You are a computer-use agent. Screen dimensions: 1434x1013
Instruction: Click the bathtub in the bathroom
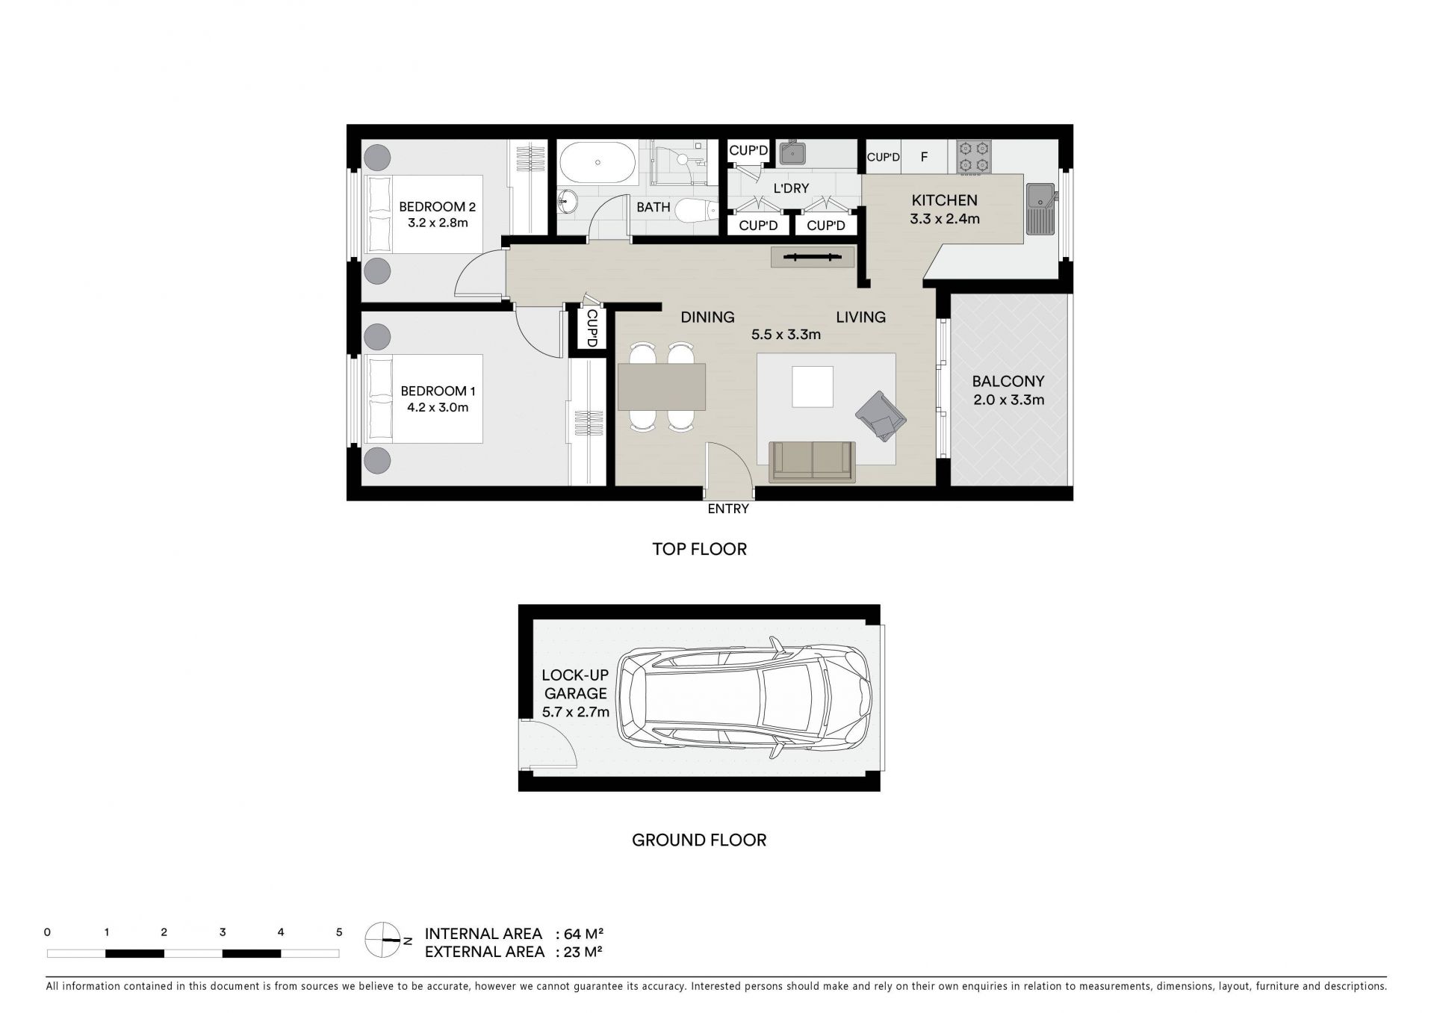click(597, 162)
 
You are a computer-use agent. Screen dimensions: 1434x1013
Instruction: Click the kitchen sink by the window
click(1040, 209)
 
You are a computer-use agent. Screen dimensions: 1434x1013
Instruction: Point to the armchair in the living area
click(881, 415)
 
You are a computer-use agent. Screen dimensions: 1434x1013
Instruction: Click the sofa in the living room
click(813, 462)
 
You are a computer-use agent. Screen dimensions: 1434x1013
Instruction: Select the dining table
click(662, 387)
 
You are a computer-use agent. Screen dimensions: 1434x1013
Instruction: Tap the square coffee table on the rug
click(813, 386)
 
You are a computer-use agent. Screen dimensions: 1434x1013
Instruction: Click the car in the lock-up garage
click(743, 699)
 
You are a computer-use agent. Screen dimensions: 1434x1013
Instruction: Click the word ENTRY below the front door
click(728, 509)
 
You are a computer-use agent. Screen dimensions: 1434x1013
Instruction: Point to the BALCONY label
click(1008, 382)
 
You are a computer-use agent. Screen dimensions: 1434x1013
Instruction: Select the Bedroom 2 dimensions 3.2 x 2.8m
click(438, 223)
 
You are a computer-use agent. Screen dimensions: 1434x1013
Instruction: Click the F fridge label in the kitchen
click(924, 158)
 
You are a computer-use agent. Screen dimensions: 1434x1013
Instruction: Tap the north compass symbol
click(382, 941)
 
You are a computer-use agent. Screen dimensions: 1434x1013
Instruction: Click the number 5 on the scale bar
click(339, 932)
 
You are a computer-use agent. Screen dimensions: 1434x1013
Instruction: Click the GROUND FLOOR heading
click(699, 840)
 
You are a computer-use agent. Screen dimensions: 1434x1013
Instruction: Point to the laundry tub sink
click(792, 154)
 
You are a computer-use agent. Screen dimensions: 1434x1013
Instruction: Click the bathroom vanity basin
click(568, 200)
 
